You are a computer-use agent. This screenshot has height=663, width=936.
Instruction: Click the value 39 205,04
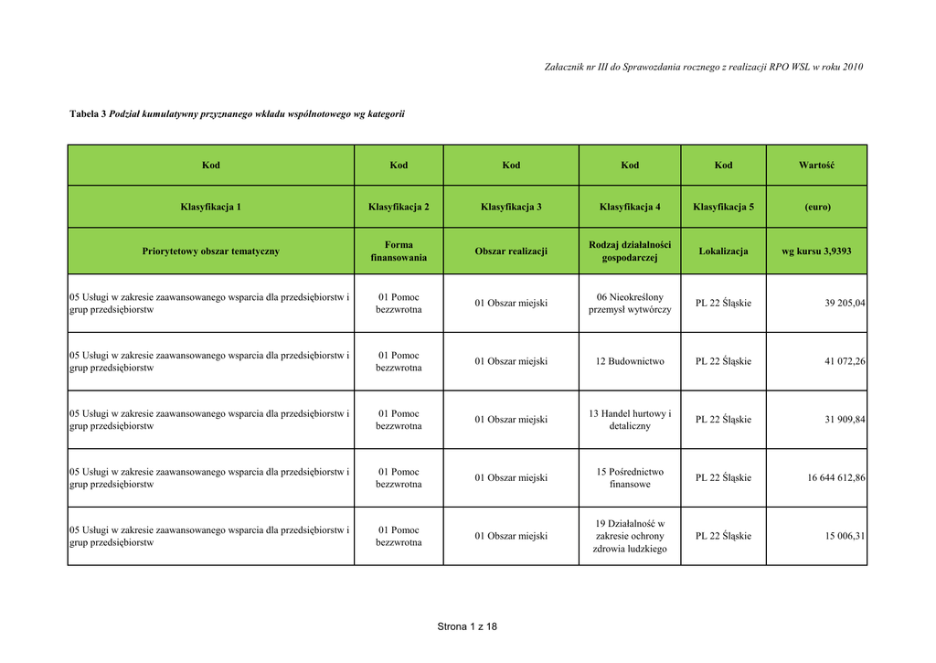click(845, 303)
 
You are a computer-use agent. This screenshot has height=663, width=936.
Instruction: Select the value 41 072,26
click(845, 361)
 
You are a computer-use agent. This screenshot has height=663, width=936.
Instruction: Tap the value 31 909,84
click(845, 420)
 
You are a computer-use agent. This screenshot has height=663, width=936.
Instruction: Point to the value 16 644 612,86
click(835, 478)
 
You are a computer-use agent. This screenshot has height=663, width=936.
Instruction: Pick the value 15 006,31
click(845, 537)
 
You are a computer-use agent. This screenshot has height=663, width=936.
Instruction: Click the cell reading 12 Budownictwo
click(630, 361)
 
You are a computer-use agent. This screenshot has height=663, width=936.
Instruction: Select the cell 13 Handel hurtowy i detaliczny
click(630, 420)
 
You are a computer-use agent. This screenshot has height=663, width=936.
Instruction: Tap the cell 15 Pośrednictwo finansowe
click(630, 478)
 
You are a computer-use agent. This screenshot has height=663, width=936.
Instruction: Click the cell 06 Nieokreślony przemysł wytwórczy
click(630, 303)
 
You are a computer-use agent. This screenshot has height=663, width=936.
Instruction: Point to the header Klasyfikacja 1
click(211, 207)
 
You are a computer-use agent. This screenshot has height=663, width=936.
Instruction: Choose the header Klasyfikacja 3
click(511, 207)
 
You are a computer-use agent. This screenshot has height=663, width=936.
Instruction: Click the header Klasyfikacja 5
click(723, 207)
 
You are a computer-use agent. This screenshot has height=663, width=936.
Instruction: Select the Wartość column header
click(816, 166)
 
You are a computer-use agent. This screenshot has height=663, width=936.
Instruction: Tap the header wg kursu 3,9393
click(816, 251)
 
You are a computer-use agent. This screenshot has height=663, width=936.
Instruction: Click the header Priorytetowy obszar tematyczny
click(211, 251)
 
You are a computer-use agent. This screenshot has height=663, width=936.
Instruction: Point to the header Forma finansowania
click(399, 251)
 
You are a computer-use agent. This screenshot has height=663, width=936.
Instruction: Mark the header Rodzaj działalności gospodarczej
click(630, 251)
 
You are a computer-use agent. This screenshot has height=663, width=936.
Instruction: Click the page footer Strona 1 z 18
click(467, 626)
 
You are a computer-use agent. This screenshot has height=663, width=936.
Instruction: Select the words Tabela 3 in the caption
click(88, 113)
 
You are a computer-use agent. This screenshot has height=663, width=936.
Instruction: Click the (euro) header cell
click(816, 207)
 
